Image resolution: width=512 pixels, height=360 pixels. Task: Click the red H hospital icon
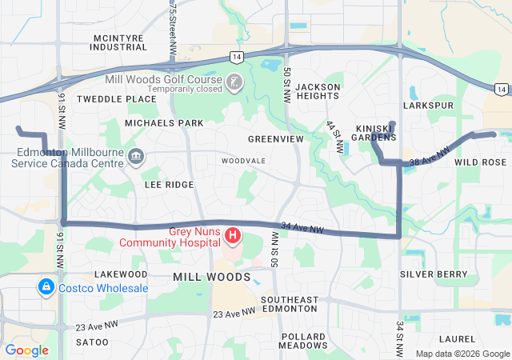(x=232, y=235)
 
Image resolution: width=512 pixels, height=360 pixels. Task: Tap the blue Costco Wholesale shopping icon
(x=46, y=286)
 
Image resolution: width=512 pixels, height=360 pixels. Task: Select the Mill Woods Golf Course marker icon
(x=233, y=81)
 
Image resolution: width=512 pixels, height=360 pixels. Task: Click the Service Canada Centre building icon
(x=135, y=154)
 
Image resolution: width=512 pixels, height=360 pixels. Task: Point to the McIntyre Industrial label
(x=119, y=42)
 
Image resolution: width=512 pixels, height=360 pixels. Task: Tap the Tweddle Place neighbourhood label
(x=117, y=98)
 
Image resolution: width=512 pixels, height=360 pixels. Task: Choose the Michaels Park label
(x=164, y=123)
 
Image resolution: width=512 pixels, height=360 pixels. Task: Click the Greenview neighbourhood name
(x=275, y=138)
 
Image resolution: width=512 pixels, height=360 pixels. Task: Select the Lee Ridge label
(x=169, y=185)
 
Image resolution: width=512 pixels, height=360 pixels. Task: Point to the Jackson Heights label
(x=318, y=91)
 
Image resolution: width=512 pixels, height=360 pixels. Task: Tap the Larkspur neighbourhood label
(x=429, y=106)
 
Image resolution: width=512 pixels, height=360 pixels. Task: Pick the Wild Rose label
(x=480, y=162)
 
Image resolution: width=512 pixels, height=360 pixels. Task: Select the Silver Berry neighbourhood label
(x=434, y=274)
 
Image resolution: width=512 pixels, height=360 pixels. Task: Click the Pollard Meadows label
(x=302, y=341)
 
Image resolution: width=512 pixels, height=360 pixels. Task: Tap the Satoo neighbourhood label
(x=91, y=342)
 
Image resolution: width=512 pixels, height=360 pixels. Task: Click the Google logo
(x=26, y=350)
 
